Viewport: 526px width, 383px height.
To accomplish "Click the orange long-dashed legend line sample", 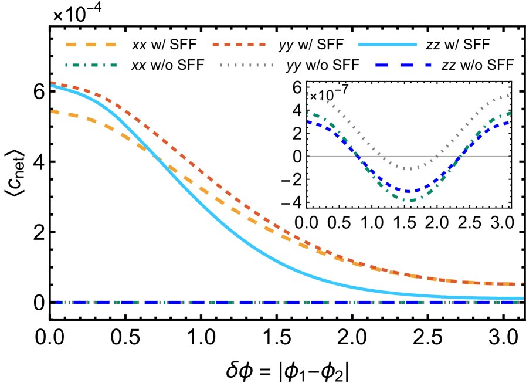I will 91,45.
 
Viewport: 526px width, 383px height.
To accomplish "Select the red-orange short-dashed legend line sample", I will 239,45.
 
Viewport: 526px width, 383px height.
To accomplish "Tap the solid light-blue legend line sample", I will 387,45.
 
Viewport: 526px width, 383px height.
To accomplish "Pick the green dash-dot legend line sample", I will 91,65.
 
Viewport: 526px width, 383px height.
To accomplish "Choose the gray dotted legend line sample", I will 246,65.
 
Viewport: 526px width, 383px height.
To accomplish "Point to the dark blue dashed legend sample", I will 403,65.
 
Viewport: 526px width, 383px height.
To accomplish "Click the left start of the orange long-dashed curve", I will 52,111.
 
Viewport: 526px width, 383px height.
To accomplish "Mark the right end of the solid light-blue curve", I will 522,298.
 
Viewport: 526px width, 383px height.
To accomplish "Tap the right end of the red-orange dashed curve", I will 522,284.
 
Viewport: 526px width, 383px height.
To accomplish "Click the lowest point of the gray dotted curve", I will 410,169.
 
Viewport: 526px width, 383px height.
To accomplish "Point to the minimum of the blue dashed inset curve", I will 409,191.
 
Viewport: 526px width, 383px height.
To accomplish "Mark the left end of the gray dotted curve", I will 308,94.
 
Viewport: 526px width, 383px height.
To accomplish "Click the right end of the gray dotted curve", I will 509,95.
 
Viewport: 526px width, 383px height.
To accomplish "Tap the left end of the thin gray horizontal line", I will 307,156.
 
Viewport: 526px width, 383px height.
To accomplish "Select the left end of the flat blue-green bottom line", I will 52,302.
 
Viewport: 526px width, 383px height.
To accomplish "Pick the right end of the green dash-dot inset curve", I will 510,112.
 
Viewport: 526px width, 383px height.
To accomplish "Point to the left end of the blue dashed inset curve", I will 308,122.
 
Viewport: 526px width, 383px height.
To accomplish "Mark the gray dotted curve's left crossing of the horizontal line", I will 379,156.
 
